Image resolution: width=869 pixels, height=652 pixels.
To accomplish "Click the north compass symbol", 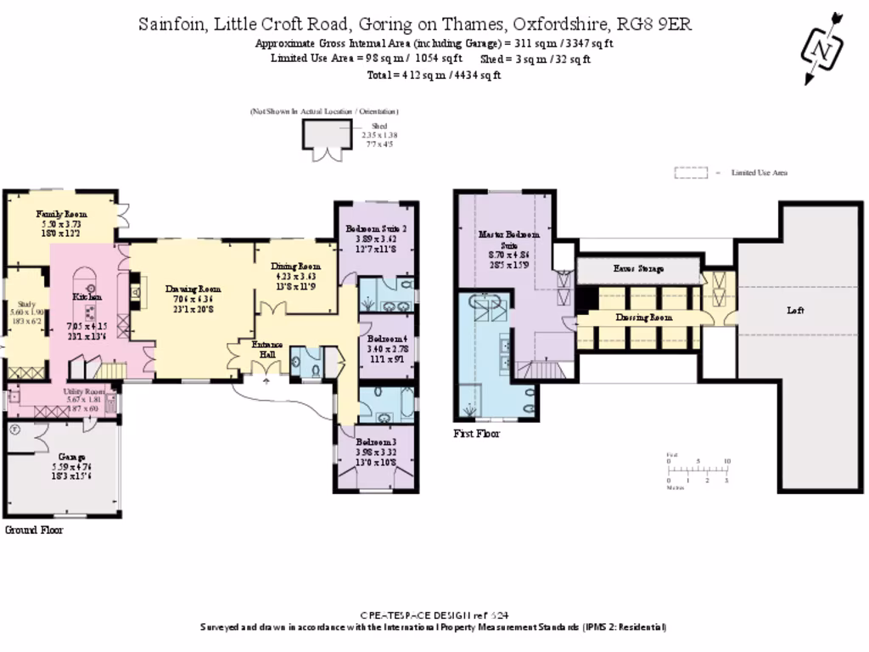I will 821,48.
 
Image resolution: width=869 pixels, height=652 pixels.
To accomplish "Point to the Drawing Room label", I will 193,289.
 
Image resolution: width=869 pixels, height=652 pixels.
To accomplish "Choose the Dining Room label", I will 296,266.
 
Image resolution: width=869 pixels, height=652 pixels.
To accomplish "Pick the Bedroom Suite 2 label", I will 376,228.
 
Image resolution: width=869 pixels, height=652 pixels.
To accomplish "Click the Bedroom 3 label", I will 375,442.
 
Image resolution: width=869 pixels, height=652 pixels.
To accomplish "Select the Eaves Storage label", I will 639,268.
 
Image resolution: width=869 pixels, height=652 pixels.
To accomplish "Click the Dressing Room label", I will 642,317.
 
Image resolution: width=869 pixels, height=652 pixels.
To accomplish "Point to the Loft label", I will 794,311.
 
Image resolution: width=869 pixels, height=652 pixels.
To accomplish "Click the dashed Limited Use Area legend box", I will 691,172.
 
